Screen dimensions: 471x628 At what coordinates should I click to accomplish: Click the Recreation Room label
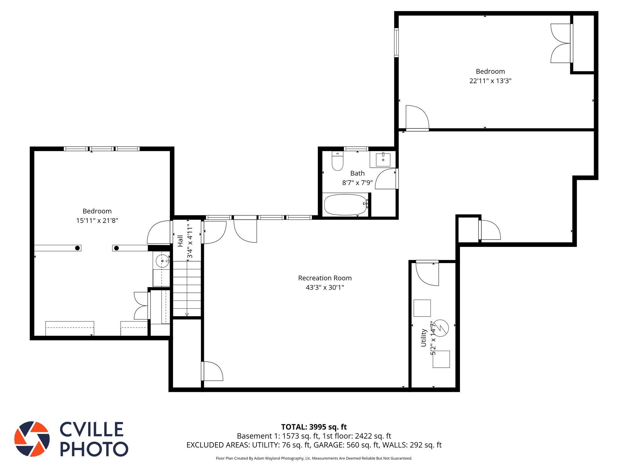point(325,278)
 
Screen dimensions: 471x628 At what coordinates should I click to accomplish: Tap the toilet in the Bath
point(338,161)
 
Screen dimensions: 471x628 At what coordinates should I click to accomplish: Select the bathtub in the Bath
point(345,205)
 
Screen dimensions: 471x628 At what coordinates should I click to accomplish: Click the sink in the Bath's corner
point(383,160)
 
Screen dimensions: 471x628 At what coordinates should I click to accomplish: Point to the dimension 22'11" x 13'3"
point(490,81)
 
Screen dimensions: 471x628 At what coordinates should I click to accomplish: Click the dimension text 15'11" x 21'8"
point(97,221)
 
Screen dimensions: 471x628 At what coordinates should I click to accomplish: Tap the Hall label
point(180,241)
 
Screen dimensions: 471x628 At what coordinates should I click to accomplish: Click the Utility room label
point(424,338)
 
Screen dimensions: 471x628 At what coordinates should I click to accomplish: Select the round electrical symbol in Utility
point(441,328)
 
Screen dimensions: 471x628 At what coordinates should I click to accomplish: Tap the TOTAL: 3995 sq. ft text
point(314,427)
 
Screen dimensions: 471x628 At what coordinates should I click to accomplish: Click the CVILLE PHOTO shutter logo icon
point(32,439)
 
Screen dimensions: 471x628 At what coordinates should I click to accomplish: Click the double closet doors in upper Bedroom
point(561,43)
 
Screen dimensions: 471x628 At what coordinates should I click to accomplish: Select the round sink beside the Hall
point(162,261)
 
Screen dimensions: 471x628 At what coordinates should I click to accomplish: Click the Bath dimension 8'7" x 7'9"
point(357,183)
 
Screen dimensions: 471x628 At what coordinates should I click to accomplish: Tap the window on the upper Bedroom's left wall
point(397,43)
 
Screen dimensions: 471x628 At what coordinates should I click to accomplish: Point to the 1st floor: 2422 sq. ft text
point(357,436)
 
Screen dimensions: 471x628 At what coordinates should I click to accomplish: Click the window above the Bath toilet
point(356,149)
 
